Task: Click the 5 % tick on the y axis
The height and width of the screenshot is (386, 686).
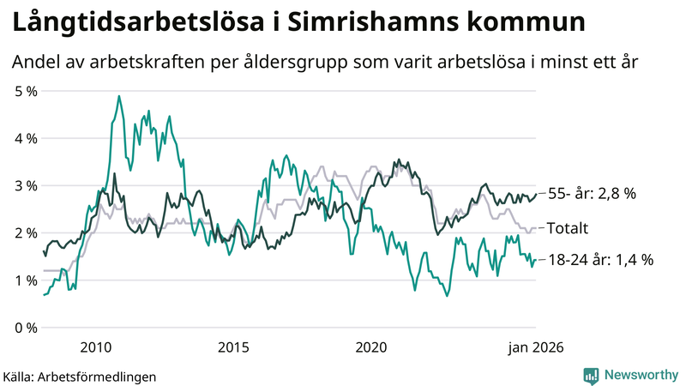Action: pyautogui.click(x=25, y=90)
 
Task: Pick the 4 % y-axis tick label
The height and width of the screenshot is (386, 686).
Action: pyautogui.click(x=25, y=138)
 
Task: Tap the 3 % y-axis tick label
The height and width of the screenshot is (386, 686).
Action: pyautogui.click(x=25, y=185)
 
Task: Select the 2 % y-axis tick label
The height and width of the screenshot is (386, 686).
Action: pyautogui.click(x=25, y=233)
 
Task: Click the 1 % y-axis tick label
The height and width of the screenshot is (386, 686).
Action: pyautogui.click(x=25, y=280)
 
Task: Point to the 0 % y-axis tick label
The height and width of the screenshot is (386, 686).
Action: pyautogui.click(x=25, y=328)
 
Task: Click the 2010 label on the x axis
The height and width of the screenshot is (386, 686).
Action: pyautogui.click(x=95, y=347)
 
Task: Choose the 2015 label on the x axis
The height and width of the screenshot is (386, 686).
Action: pyautogui.click(x=233, y=347)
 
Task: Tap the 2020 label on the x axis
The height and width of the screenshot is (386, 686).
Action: pyautogui.click(x=371, y=347)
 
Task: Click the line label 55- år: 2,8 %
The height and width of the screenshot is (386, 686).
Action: pyautogui.click(x=591, y=194)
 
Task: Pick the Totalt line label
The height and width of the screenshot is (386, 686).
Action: pyautogui.click(x=568, y=228)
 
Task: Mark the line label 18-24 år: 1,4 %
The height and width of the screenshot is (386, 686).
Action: pyautogui.click(x=599, y=260)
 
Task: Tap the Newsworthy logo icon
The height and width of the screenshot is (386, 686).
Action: pyautogui.click(x=591, y=375)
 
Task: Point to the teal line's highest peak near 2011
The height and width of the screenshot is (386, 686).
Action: pyautogui.click(x=119, y=96)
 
